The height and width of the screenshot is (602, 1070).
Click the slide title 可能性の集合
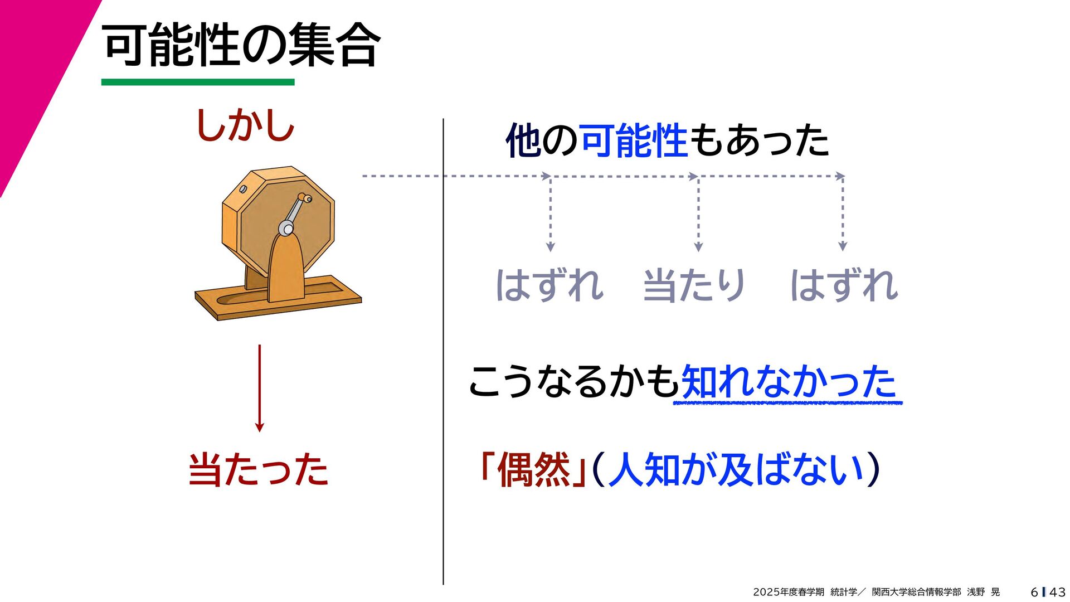(x=241, y=45)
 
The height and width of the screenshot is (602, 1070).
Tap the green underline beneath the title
(x=198, y=82)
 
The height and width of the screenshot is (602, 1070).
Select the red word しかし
(x=245, y=125)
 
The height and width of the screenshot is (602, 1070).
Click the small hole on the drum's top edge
(x=244, y=189)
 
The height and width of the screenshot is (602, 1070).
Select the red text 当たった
(x=259, y=469)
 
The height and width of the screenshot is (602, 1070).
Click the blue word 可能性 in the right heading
(x=634, y=140)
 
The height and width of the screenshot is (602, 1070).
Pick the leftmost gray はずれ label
(x=549, y=285)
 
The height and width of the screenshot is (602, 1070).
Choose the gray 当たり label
(x=694, y=285)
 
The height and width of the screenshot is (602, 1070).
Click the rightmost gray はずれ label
(x=844, y=285)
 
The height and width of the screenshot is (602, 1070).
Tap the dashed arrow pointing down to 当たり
(x=698, y=215)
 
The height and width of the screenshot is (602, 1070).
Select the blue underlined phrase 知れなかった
(x=788, y=382)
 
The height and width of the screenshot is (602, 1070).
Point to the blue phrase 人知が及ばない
(x=736, y=469)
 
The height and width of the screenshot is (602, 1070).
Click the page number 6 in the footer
(x=1034, y=592)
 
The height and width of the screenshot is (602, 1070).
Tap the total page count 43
(x=1057, y=592)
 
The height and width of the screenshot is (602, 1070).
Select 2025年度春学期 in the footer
(x=788, y=592)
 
